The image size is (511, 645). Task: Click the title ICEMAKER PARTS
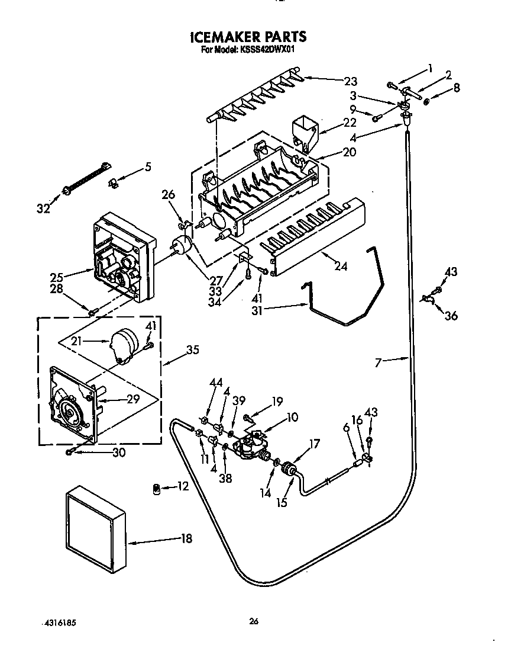tap(248, 37)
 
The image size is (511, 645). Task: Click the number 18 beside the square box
tap(187, 538)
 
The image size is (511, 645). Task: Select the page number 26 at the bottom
tap(254, 621)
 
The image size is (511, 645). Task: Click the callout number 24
tap(339, 267)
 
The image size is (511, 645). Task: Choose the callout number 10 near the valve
tap(292, 418)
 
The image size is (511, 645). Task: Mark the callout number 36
tap(451, 316)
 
